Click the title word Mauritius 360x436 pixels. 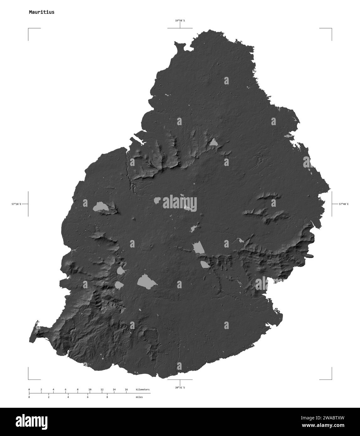[x=41, y=12]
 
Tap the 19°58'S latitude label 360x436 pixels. [x=180, y=21]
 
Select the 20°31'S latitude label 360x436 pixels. [x=180, y=388]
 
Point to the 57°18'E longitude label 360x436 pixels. [x=16, y=204]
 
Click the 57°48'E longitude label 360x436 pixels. [x=343, y=204]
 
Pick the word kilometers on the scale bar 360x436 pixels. [x=142, y=389]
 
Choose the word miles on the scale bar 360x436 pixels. [x=139, y=397]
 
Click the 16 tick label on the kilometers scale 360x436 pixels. [x=126, y=389]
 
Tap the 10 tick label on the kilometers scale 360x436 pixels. [x=90, y=389]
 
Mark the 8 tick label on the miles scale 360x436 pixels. [x=107, y=397]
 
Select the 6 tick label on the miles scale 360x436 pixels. [x=88, y=397]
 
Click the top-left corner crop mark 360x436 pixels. [x=29, y=29]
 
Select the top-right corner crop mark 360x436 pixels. [x=331, y=29]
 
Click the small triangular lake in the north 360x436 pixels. [x=214, y=143]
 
